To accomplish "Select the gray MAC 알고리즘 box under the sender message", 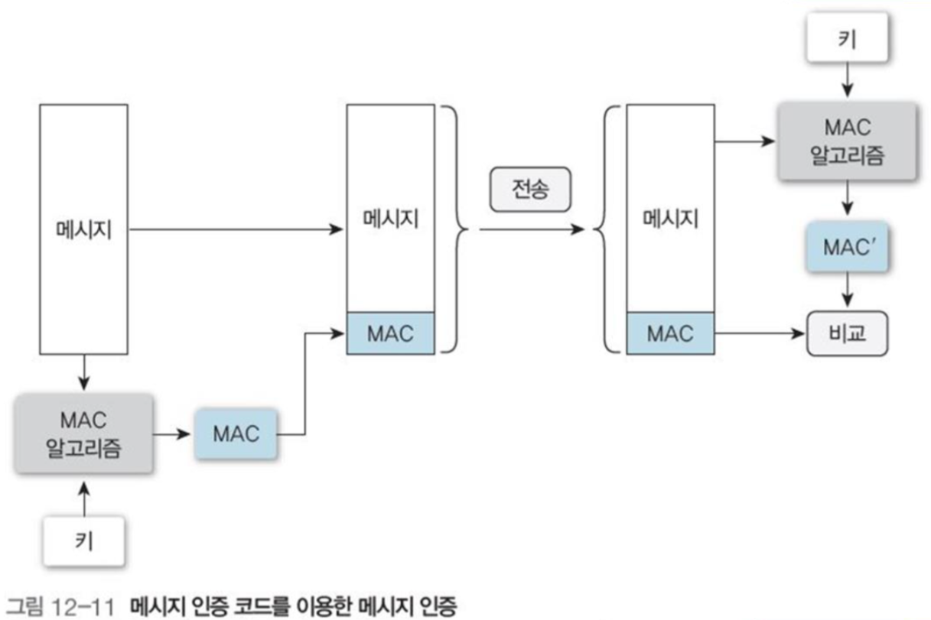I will click(x=84, y=434).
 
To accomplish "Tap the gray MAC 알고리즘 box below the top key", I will click(x=848, y=142).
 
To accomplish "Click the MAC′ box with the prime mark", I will click(x=848, y=248).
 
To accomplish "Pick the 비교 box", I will click(x=848, y=334).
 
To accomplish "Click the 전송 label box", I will click(x=530, y=189).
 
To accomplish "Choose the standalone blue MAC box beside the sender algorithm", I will click(x=236, y=434).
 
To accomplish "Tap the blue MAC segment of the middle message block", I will click(x=390, y=334).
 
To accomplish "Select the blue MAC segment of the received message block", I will click(x=670, y=334).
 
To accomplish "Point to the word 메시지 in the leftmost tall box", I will click(x=84, y=229).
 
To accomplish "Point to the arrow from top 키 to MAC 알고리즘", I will click(x=848, y=81).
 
